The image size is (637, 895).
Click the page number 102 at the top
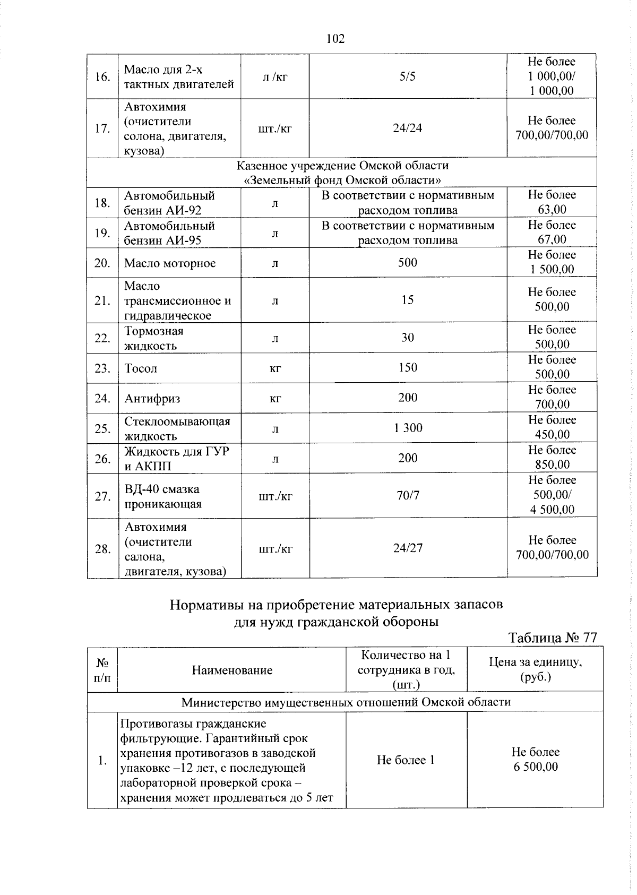point(335,39)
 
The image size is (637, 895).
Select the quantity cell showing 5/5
point(408,76)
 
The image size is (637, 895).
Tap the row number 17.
point(102,128)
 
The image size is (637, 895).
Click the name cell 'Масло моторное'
point(170,263)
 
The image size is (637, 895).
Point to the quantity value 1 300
point(408,428)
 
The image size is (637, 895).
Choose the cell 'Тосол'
point(141,368)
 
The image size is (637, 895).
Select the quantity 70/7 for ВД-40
point(408,495)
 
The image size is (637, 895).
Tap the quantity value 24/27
point(408,548)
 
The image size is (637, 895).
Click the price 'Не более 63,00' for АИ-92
point(552,202)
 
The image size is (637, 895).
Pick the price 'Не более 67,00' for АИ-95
point(552,233)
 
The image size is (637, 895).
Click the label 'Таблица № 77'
point(553,638)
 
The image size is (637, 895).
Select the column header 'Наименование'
point(232,670)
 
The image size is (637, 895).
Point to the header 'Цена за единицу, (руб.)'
point(535,669)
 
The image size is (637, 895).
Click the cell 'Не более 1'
point(406,760)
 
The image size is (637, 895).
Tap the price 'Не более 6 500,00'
point(535,759)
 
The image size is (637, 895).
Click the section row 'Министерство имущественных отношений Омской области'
point(346,702)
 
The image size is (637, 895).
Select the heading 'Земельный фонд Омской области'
point(342,179)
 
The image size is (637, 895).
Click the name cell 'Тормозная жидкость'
point(154,338)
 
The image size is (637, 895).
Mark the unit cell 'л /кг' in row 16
point(275,77)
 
